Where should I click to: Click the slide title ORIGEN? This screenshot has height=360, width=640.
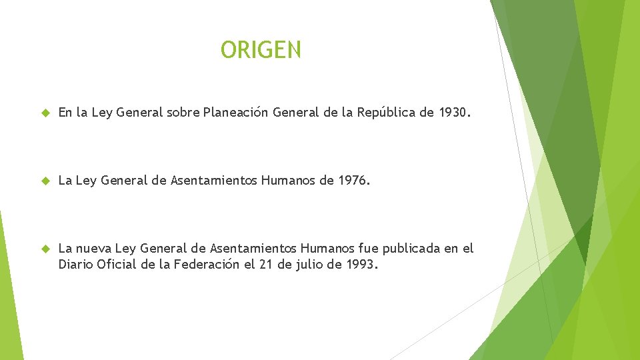[x=261, y=49]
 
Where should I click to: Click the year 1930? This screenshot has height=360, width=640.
[x=453, y=113]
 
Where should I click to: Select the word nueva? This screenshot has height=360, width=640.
[x=96, y=249]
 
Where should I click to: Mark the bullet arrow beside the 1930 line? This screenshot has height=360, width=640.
[x=45, y=113]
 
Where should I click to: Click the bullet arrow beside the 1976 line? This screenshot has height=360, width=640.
[x=45, y=181]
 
